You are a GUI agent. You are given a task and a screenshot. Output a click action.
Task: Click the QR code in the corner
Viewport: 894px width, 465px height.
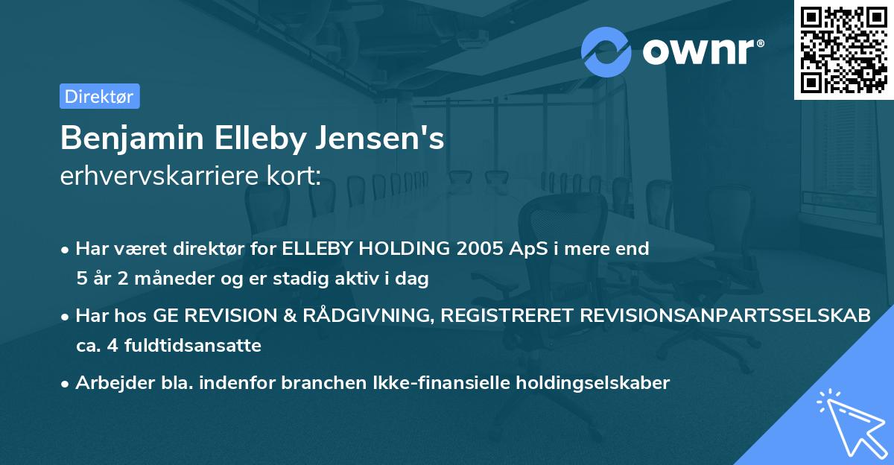tap(844, 49)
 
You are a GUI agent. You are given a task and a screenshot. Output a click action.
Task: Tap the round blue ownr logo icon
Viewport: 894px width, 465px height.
tap(606, 51)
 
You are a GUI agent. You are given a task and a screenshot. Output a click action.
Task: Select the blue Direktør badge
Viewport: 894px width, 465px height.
tap(99, 96)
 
